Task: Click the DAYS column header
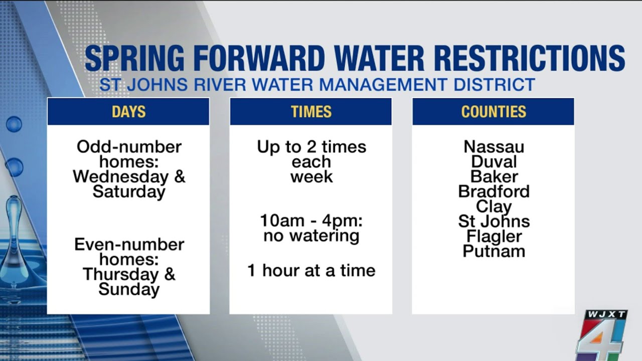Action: click(128, 111)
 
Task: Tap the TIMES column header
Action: click(311, 111)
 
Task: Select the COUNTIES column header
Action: click(494, 111)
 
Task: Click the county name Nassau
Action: click(494, 147)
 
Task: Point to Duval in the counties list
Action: click(494, 162)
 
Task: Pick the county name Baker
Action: click(494, 176)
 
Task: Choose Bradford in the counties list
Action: click(494, 192)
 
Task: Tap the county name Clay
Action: click(494, 207)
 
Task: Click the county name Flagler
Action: click(494, 236)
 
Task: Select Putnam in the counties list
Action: click(494, 251)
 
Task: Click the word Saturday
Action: click(129, 192)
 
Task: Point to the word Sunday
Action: click(129, 289)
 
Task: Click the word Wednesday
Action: click(120, 177)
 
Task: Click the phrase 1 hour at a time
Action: click(311, 271)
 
